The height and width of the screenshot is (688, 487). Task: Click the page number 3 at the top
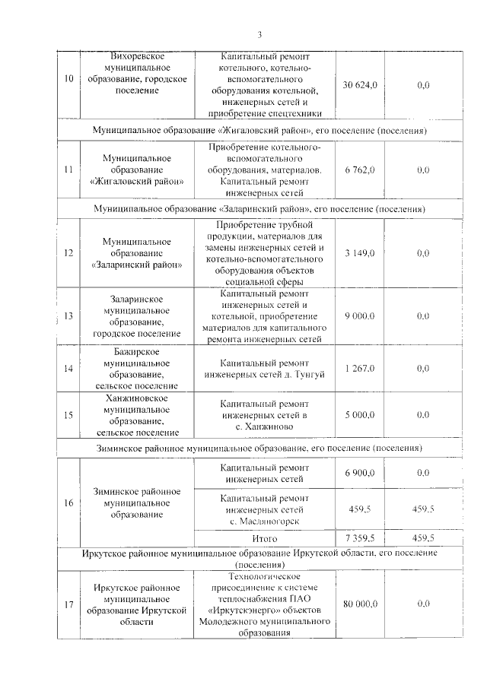pyautogui.click(x=259, y=34)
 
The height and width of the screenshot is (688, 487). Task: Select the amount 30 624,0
pyautogui.click(x=360, y=85)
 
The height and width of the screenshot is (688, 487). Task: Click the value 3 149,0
pyautogui.click(x=360, y=252)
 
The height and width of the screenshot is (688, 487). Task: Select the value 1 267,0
pyautogui.click(x=360, y=369)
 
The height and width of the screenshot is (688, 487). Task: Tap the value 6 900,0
pyautogui.click(x=360, y=473)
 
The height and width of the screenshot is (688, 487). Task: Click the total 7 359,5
pyautogui.click(x=360, y=537)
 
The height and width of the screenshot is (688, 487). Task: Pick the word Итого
pyautogui.click(x=265, y=537)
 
